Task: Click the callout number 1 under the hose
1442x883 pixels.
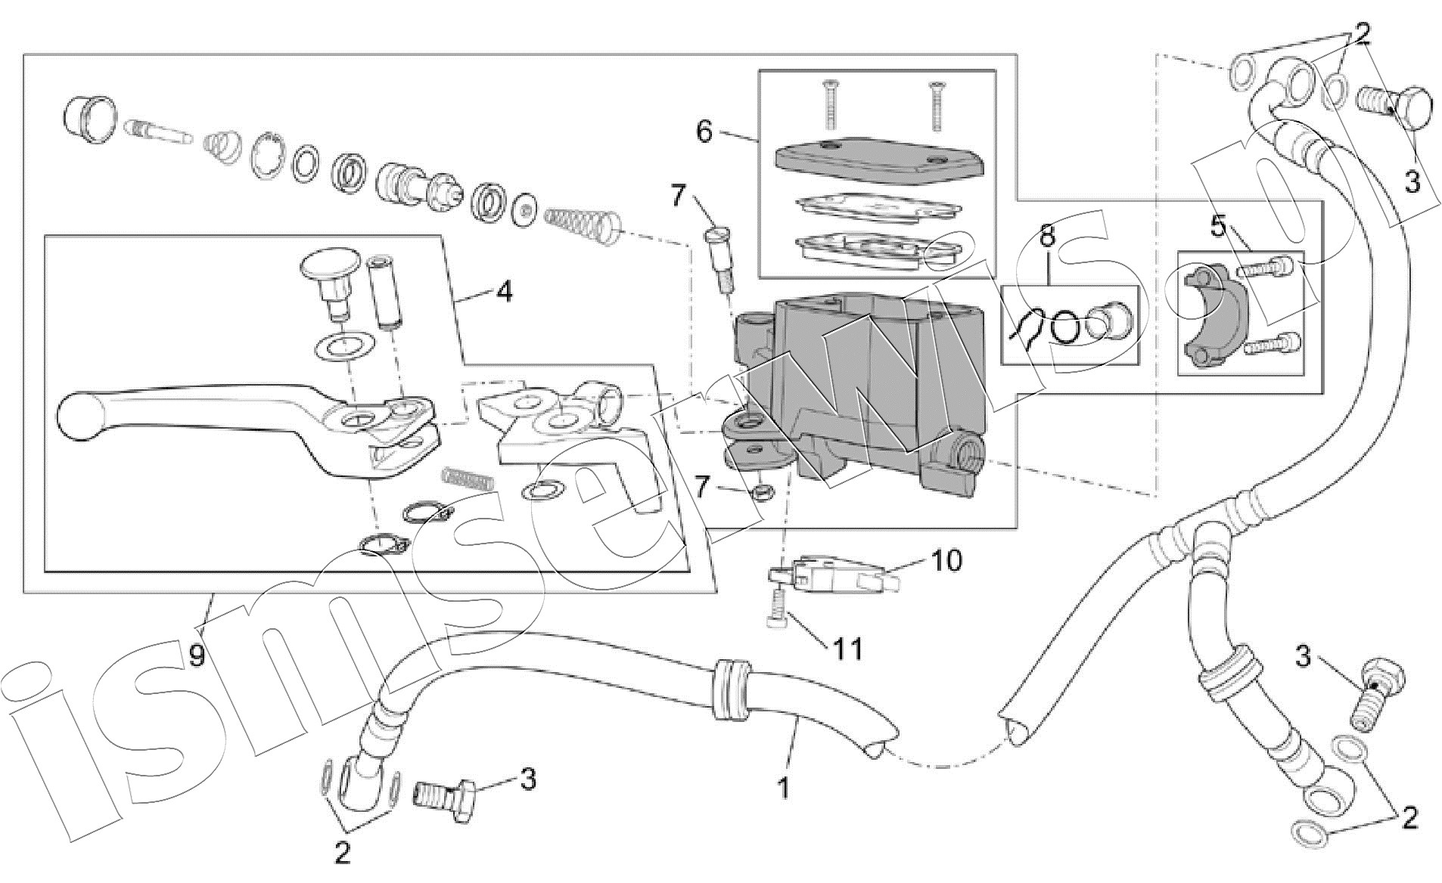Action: pos(783,788)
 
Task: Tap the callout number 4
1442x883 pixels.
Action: pos(504,291)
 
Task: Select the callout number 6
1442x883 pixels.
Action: pos(704,132)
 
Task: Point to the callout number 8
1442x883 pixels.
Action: pos(1046,236)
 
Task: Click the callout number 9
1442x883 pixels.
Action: pos(197,655)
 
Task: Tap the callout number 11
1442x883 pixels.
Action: pos(847,649)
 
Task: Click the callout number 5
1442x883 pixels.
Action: pos(1217,226)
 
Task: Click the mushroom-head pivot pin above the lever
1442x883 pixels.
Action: pos(331,282)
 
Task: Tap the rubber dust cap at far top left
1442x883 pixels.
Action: pos(89,120)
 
